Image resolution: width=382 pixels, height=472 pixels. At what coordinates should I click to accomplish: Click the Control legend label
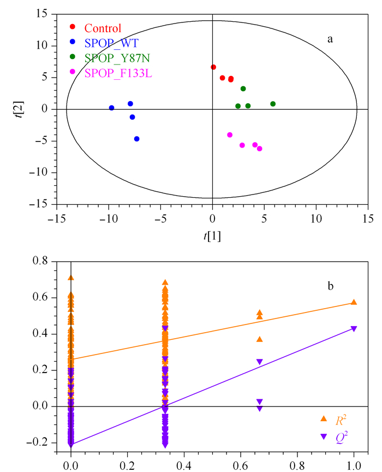point(103,28)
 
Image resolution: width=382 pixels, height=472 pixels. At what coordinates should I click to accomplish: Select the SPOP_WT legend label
point(111,43)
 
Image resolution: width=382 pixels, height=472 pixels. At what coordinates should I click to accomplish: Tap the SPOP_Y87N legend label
point(117,58)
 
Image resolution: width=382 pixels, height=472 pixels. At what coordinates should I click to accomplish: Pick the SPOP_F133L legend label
point(118,73)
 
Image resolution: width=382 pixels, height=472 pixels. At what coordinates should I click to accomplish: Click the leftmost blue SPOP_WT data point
point(111,108)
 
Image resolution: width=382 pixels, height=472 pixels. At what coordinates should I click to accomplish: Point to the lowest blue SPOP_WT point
point(137,139)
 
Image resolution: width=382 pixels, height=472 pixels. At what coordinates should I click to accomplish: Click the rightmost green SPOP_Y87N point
point(273,104)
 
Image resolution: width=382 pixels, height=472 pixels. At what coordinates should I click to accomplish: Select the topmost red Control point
point(213,67)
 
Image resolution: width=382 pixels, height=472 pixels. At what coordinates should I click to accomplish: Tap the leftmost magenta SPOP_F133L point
point(230,135)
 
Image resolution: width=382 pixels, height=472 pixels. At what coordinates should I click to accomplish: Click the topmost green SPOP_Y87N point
point(243,89)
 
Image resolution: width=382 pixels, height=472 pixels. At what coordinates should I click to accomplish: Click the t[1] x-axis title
point(212,235)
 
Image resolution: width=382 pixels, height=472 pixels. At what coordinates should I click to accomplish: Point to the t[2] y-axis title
point(20,109)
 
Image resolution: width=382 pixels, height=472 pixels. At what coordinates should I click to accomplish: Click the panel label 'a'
point(330,39)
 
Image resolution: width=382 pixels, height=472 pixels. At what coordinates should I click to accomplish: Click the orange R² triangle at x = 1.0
point(354,302)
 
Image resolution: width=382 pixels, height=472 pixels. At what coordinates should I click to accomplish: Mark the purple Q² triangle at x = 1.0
point(354,329)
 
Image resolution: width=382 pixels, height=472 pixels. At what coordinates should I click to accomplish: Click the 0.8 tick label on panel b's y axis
point(40,261)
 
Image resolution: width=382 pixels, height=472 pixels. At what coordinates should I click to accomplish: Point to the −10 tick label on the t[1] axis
point(109,219)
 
